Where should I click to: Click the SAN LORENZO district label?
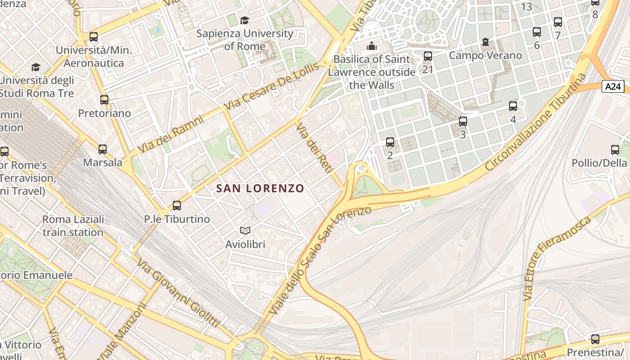(260, 189)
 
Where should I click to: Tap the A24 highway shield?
(613, 86)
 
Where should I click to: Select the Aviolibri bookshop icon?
(245, 231)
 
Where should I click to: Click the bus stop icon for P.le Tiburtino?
(177, 206)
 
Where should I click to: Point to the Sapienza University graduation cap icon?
(244, 20)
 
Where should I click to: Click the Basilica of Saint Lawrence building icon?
(371, 46)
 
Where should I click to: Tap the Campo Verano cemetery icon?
(485, 42)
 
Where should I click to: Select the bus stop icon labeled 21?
(427, 56)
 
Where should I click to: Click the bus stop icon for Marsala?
(103, 149)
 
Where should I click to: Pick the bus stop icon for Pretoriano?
(104, 100)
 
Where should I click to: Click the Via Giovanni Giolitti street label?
(178, 293)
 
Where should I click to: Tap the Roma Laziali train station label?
(73, 226)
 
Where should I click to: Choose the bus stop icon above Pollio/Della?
(615, 150)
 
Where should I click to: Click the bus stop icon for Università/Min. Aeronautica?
(94, 37)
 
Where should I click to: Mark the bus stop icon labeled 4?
(513, 106)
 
